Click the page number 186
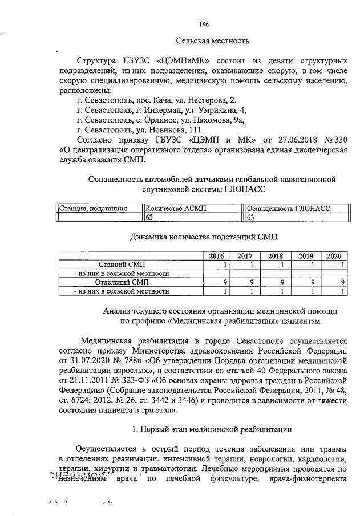click(204, 24)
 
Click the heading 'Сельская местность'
click(212, 41)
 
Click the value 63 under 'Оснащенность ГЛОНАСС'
click(250, 217)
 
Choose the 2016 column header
click(217, 256)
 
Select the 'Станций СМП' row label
click(122, 265)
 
